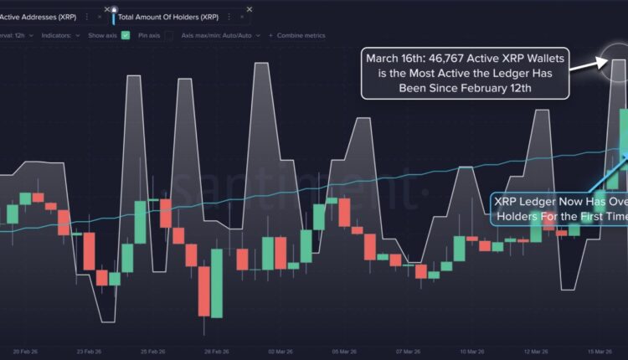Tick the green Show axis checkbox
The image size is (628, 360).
tap(126, 35)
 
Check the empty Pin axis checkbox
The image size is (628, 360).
tap(169, 35)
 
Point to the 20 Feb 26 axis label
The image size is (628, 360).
tap(24, 352)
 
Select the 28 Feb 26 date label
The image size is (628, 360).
tap(218, 352)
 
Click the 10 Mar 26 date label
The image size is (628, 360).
tap(476, 352)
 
